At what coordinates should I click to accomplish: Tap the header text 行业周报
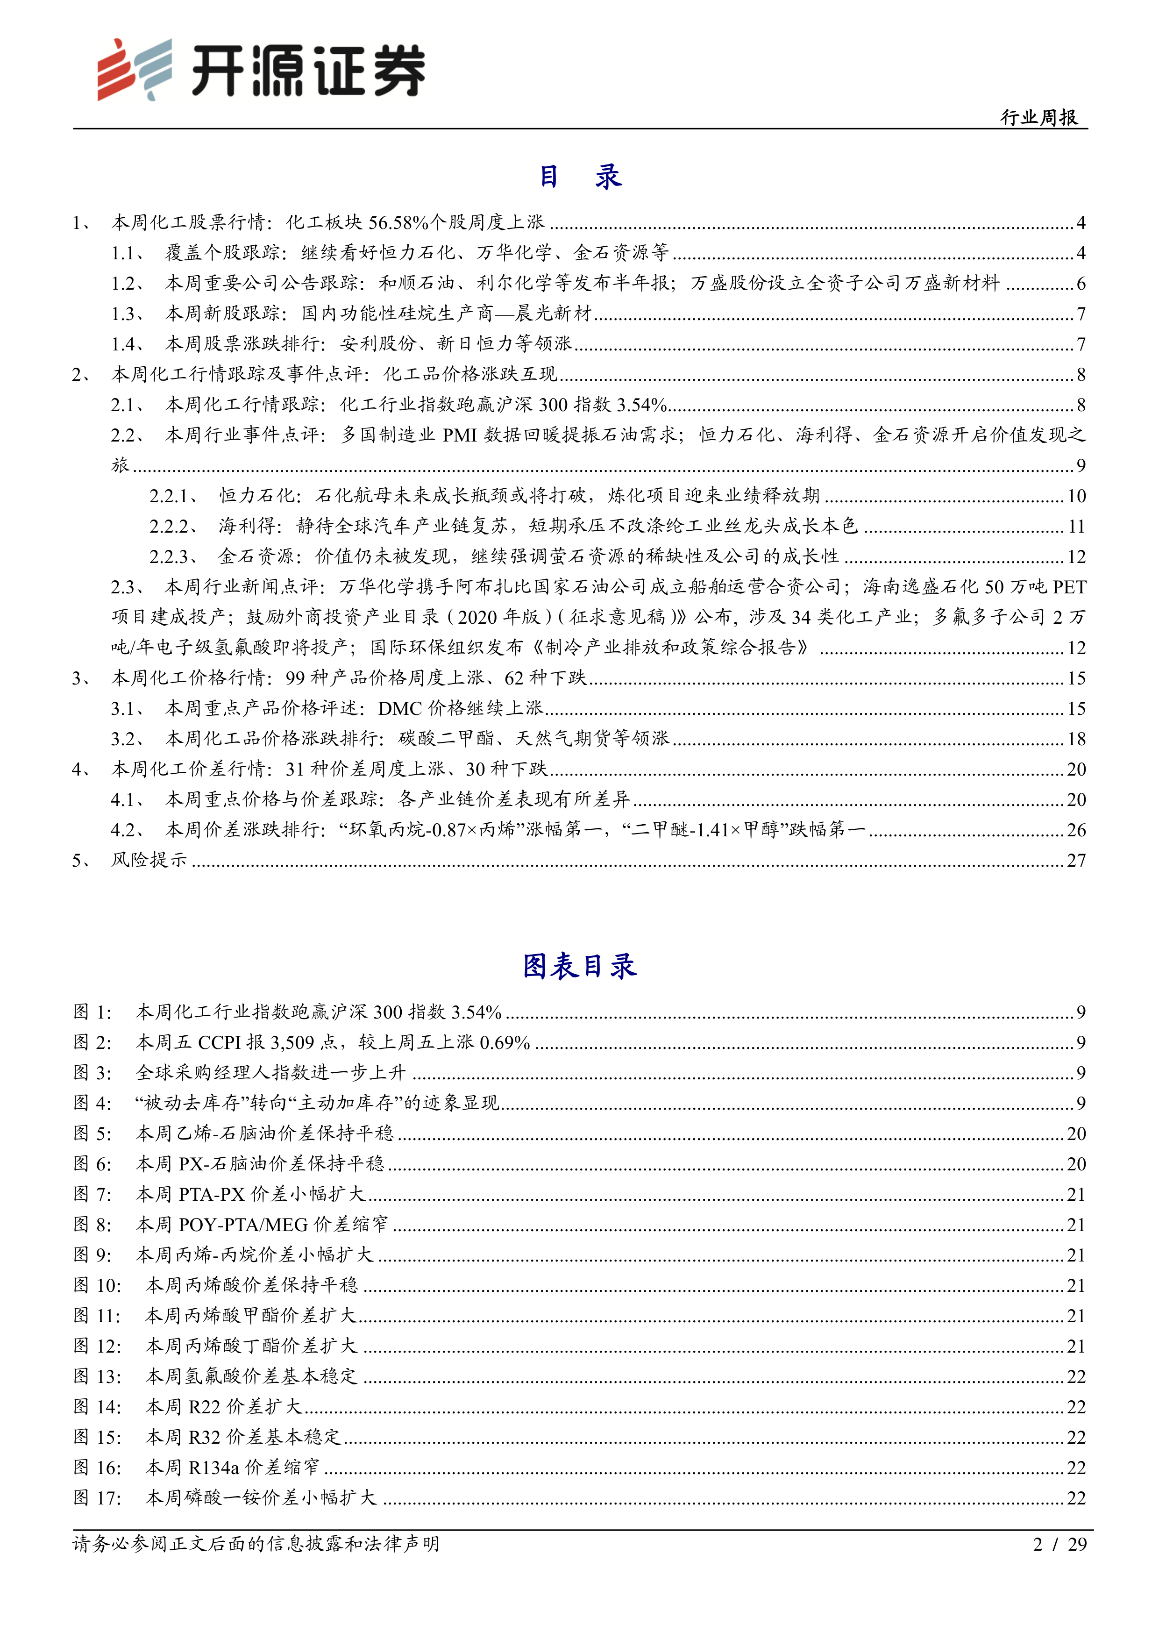(x=1038, y=118)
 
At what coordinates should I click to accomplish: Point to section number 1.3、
(x=128, y=314)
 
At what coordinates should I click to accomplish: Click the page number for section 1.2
(x=1081, y=284)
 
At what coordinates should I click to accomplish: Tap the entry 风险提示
(x=149, y=860)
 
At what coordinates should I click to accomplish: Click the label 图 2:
(x=93, y=1043)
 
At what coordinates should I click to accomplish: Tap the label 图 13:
(x=97, y=1376)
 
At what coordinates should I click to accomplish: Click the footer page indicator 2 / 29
(x=1060, y=1544)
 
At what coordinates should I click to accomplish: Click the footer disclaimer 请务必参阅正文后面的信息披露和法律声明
(x=256, y=1544)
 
